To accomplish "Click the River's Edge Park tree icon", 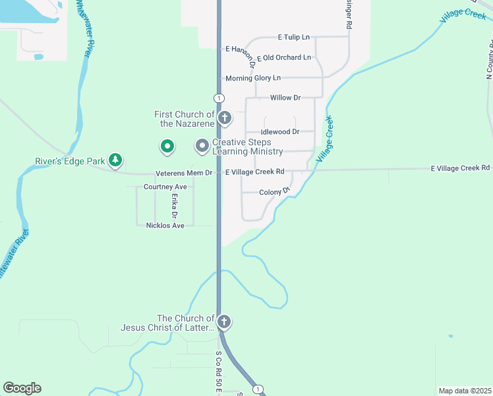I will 116,160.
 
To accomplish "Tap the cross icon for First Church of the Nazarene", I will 224,119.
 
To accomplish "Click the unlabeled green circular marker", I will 167,147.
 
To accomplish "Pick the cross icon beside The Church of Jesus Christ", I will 224,322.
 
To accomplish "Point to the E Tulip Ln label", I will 293,38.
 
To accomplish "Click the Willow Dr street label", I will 285,98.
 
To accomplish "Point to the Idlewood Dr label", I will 279,132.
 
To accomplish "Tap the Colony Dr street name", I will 275,192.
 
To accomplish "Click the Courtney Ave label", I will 165,187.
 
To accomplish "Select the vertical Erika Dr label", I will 175,206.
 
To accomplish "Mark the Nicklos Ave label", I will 165,226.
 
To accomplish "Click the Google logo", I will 22,388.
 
